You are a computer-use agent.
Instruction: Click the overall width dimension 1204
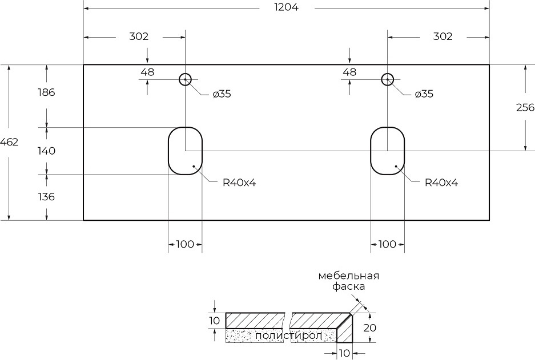pyautogui.click(x=286, y=7)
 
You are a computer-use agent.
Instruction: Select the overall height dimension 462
pyautogui.click(x=10, y=143)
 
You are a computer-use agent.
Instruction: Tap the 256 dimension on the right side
pyautogui.click(x=525, y=108)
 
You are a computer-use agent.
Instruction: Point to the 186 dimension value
pyautogui.click(x=46, y=92)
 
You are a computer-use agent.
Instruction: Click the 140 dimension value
pyautogui.click(x=46, y=151)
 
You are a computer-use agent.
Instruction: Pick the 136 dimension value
pyautogui.click(x=46, y=197)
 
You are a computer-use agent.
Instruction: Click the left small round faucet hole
pyautogui.click(x=185, y=79)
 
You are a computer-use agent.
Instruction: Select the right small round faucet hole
pyautogui.click(x=388, y=79)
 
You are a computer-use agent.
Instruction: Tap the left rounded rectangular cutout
pyautogui.click(x=185, y=151)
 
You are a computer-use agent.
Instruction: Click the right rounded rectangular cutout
pyautogui.click(x=388, y=151)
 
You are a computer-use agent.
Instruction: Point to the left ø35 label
pyautogui.click(x=222, y=94)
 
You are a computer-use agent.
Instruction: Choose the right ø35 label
pyautogui.click(x=424, y=94)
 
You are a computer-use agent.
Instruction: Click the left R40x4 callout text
pyautogui.click(x=239, y=183)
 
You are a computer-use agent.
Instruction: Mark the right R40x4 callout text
pyautogui.click(x=441, y=183)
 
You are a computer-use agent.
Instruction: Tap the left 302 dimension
pyautogui.click(x=139, y=37)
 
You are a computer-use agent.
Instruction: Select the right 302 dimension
pyautogui.click(x=443, y=37)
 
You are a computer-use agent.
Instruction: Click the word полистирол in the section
pyautogui.click(x=288, y=335)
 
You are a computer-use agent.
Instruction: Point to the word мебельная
pyautogui.click(x=348, y=276)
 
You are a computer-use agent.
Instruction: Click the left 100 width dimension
pyautogui.click(x=185, y=244)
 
